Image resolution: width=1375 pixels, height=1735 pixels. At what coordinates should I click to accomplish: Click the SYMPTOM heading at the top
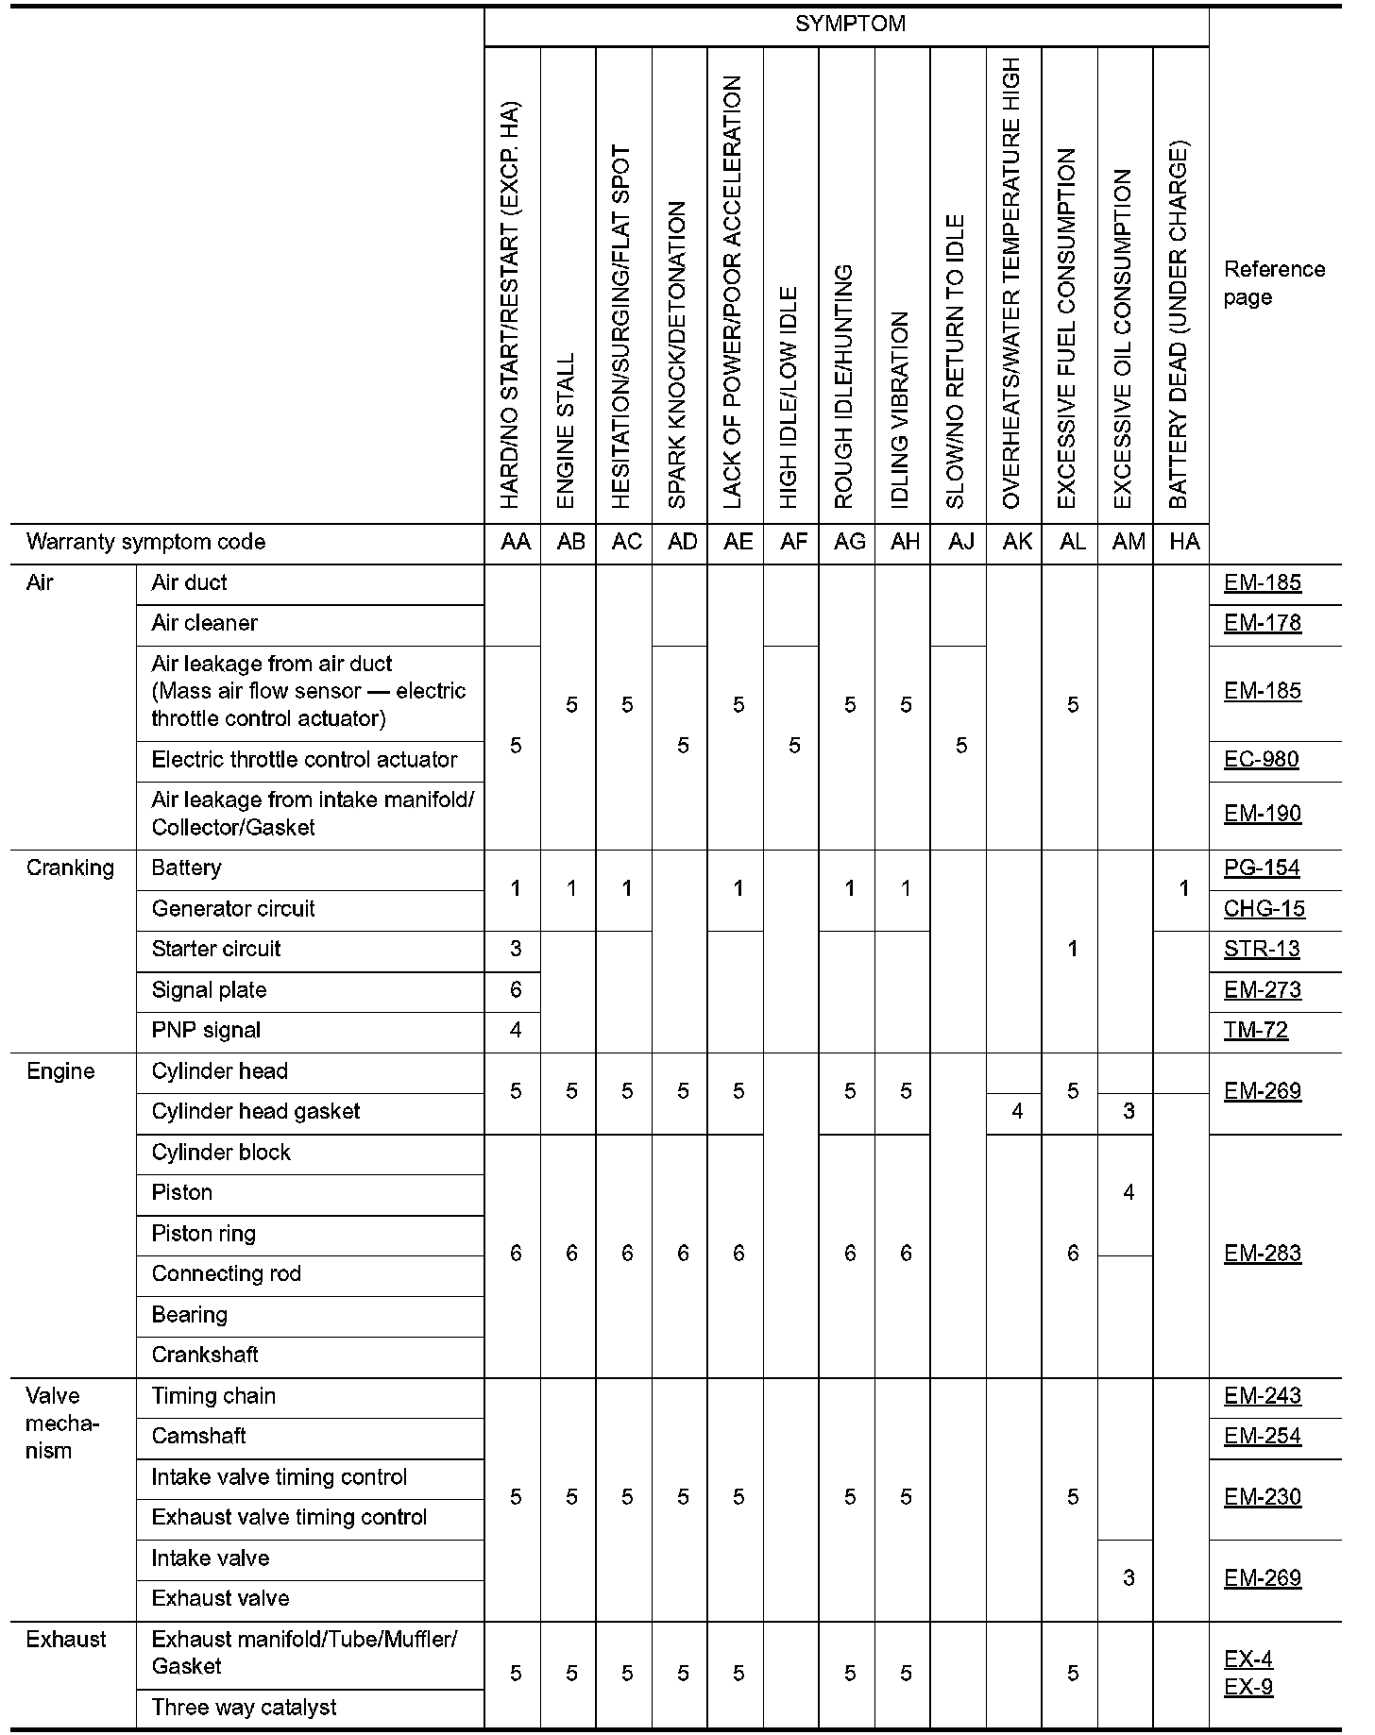(x=850, y=25)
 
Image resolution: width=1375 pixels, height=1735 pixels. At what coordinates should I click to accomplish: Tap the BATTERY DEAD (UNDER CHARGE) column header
(x=1179, y=326)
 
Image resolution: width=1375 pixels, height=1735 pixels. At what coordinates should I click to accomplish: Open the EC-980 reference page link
(x=1261, y=760)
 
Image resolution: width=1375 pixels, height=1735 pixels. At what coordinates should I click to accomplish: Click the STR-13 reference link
(x=1261, y=949)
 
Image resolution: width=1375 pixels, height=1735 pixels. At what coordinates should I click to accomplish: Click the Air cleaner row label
(x=204, y=623)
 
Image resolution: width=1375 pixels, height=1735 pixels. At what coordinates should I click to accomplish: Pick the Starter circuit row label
(x=215, y=949)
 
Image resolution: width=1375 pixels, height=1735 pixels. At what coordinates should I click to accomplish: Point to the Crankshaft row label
(x=205, y=1355)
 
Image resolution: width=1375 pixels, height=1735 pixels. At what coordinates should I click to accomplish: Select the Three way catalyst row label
(x=244, y=1708)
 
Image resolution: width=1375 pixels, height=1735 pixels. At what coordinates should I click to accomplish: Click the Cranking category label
(x=70, y=867)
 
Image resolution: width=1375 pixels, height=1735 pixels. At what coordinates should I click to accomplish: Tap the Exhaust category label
(x=66, y=1640)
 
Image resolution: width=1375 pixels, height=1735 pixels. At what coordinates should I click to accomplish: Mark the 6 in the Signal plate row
(x=516, y=990)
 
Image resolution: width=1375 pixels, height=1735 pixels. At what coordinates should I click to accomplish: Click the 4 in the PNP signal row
(x=516, y=1030)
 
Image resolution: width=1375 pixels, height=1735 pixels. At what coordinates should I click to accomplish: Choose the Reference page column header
(x=1274, y=283)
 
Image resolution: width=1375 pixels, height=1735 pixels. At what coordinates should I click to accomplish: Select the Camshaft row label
(x=198, y=1436)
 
